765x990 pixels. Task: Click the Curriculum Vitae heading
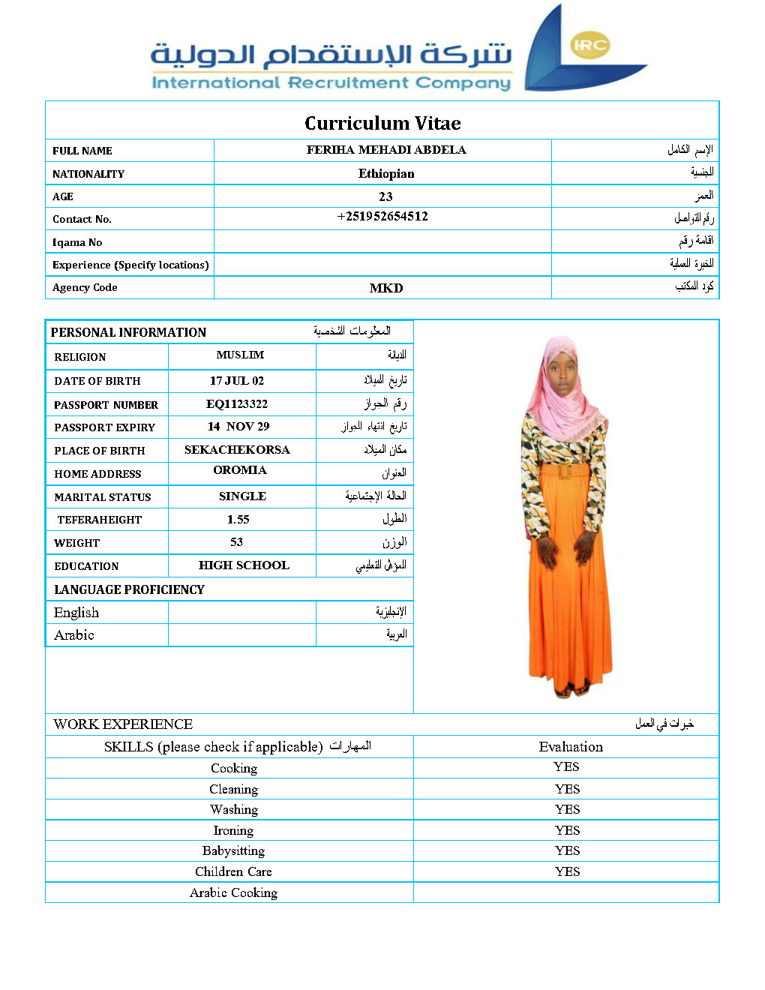click(x=382, y=123)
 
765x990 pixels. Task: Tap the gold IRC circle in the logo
click(x=590, y=45)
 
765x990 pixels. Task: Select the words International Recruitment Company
click(x=331, y=82)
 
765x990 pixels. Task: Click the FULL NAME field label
click(x=82, y=151)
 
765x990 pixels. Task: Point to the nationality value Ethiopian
click(x=386, y=173)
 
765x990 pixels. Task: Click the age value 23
click(x=385, y=196)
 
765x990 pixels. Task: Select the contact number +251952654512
click(x=382, y=217)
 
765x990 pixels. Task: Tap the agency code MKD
click(x=386, y=288)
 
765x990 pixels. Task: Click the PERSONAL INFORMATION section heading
click(x=128, y=332)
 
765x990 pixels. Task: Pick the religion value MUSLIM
click(x=240, y=355)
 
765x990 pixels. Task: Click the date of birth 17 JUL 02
click(x=237, y=380)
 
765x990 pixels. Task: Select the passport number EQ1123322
click(x=237, y=403)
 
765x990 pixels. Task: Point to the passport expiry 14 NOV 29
click(x=238, y=426)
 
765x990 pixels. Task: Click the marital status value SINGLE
click(x=242, y=496)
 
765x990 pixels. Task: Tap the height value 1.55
click(x=238, y=519)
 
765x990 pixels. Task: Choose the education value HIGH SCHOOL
click(x=244, y=565)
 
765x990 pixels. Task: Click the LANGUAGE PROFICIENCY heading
click(x=129, y=589)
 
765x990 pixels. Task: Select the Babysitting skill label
click(x=233, y=850)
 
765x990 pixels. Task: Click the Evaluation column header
click(x=571, y=746)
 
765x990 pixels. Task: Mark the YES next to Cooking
click(x=566, y=766)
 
